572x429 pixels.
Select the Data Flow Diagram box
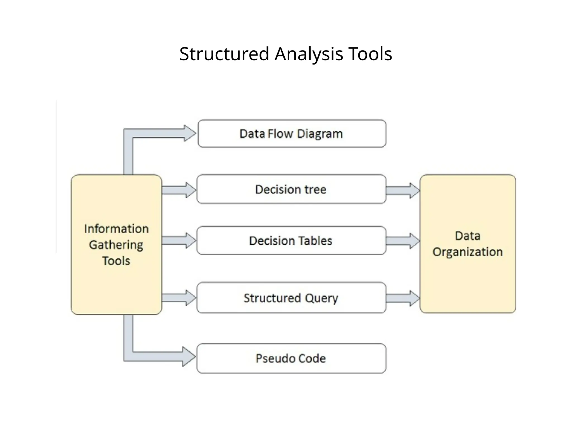(x=292, y=134)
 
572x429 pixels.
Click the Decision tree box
(x=291, y=189)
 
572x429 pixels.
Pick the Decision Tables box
(x=291, y=240)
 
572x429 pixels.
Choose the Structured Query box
(x=291, y=298)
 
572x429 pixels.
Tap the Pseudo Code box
(x=291, y=358)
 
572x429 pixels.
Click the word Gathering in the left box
(x=116, y=245)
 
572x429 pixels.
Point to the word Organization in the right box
(x=468, y=252)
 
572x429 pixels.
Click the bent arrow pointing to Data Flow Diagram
(x=156, y=134)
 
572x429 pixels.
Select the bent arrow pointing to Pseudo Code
(x=156, y=357)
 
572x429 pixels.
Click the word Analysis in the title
(x=309, y=54)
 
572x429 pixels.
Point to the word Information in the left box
(x=116, y=229)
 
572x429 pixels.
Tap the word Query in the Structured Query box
(x=321, y=298)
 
